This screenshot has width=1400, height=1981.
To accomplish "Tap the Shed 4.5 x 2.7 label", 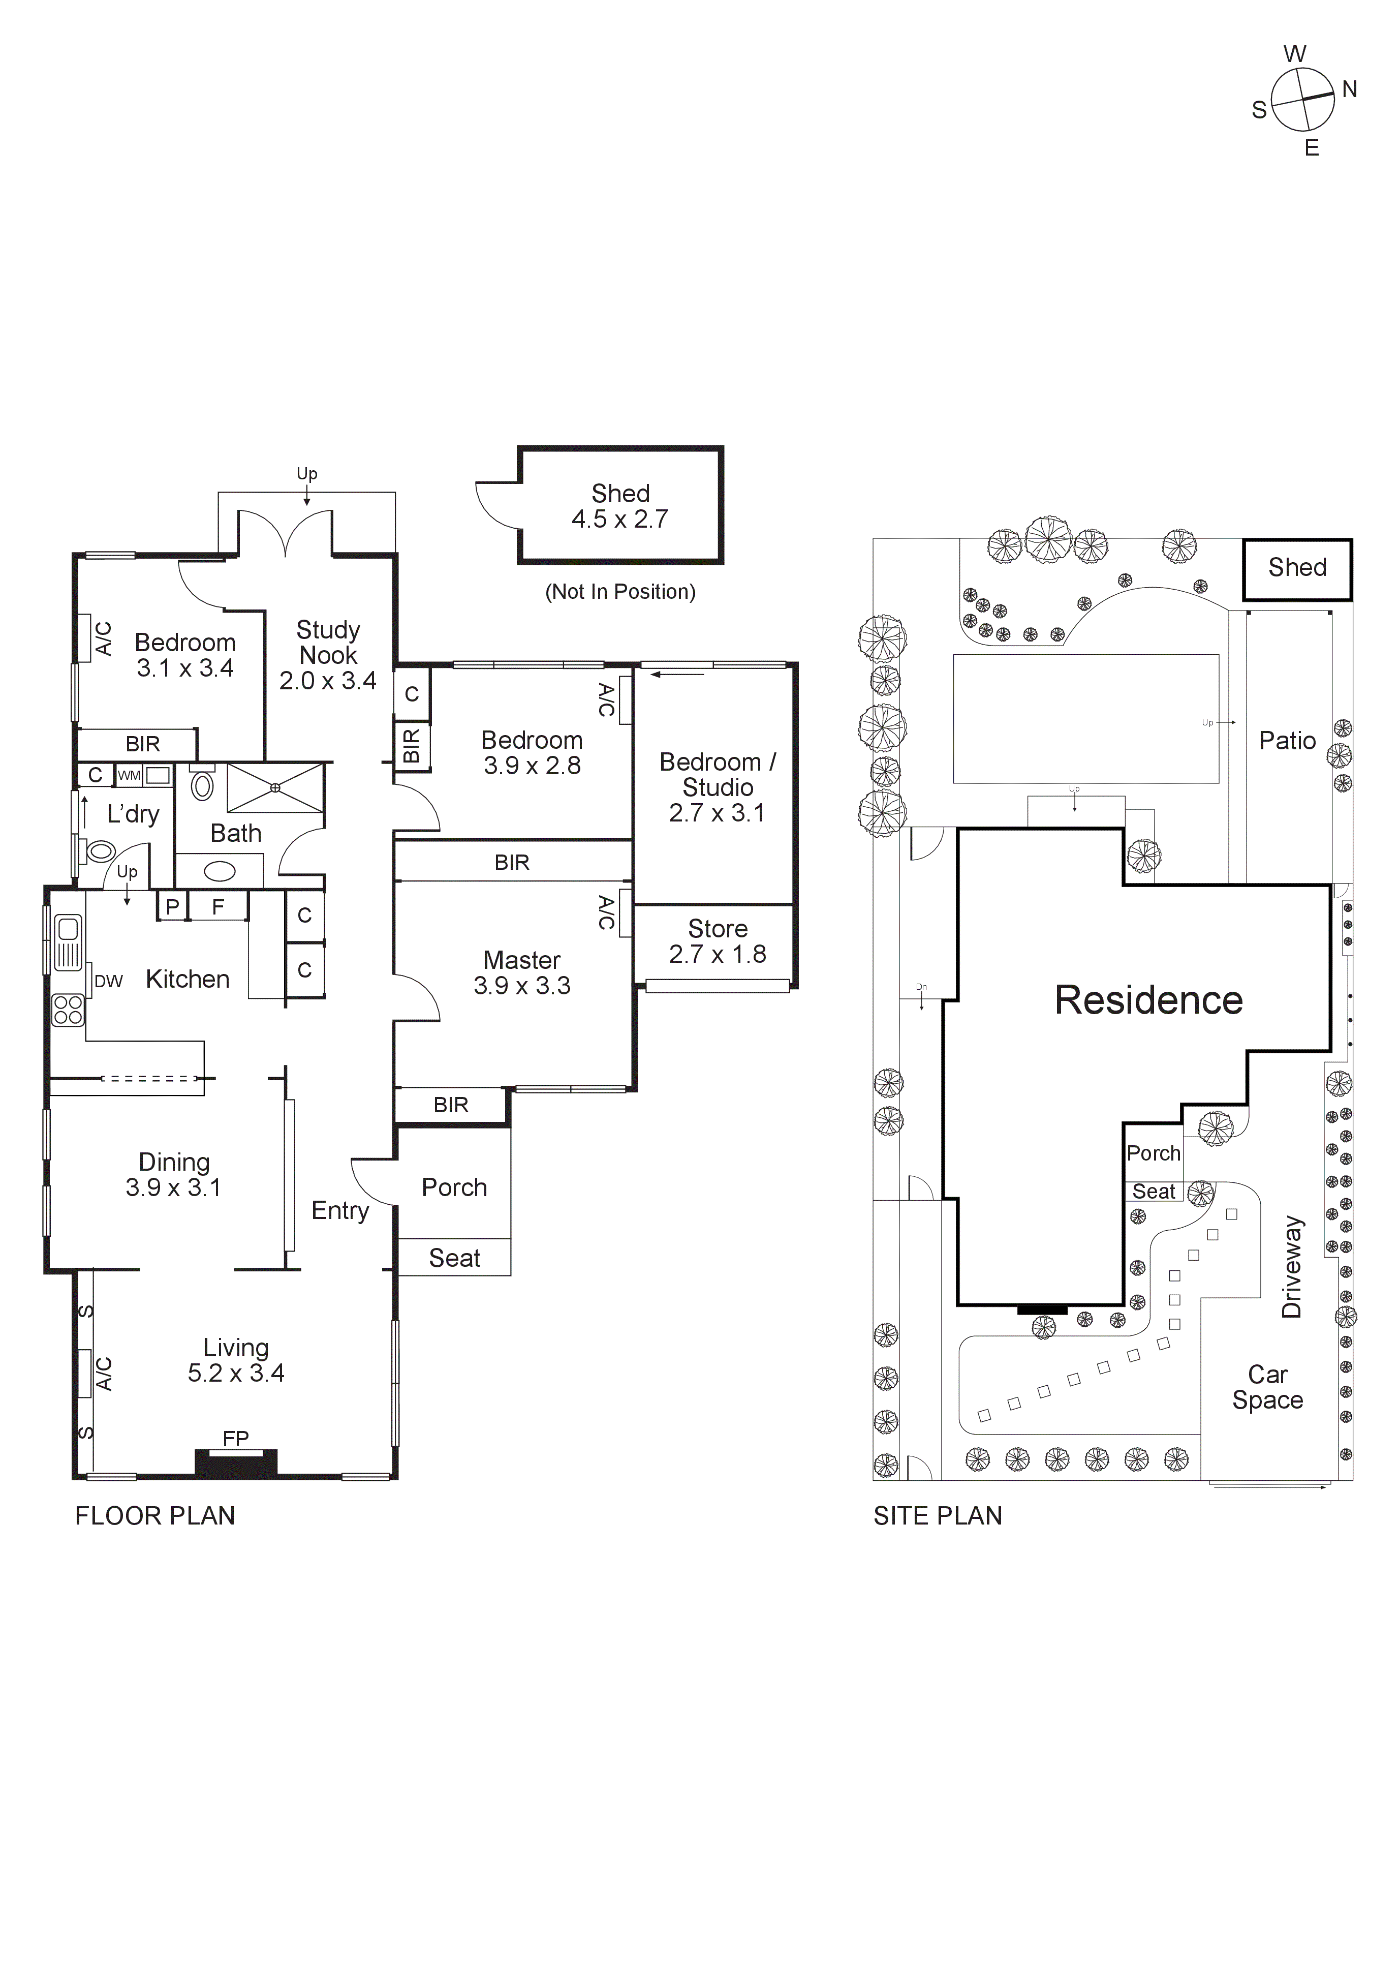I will click(619, 506).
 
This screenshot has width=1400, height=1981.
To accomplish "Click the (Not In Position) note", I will click(619, 592).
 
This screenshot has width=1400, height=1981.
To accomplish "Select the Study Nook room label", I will click(328, 642).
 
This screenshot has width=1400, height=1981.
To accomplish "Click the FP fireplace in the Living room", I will click(235, 1461).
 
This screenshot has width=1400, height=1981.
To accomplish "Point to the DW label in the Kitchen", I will click(109, 981).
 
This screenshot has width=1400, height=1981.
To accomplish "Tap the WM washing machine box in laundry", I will click(130, 775).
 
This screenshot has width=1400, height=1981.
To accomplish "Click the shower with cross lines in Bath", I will click(275, 788).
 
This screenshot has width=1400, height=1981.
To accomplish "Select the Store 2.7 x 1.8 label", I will click(717, 941).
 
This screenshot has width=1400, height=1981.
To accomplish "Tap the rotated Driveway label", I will click(1291, 1267).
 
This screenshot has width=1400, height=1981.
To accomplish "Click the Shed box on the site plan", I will click(1296, 569).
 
